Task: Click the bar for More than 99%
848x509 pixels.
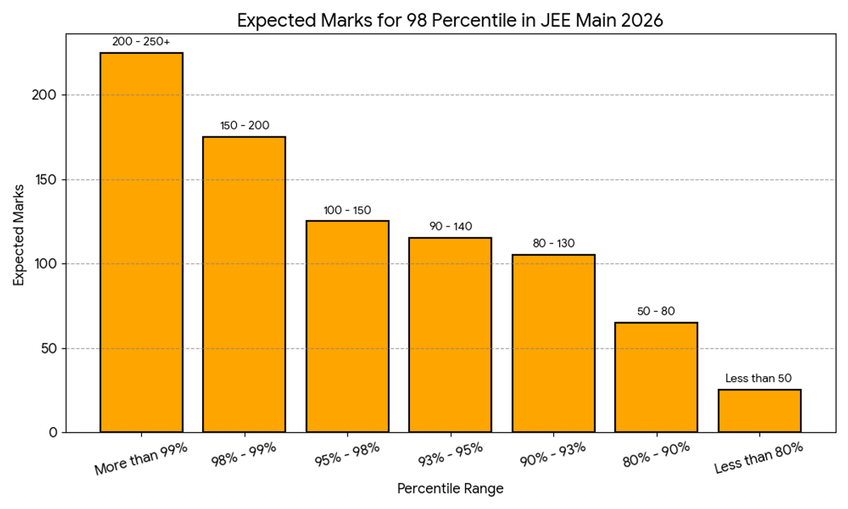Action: tap(141, 242)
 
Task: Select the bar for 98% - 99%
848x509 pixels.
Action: tap(244, 284)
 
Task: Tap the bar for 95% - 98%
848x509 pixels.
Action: tap(347, 327)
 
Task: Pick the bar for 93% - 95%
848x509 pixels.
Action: tap(450, 335)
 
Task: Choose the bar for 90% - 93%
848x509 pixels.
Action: tap(553, 344)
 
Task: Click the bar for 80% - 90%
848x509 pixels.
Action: tap(656, 378)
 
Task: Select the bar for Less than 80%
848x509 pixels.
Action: tap(759, 411)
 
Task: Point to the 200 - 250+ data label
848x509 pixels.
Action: tap(141, 42)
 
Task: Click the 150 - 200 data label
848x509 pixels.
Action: tap(244, 126)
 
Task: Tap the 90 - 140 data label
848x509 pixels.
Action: tap(450, 226)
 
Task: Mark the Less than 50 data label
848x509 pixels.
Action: tap(759, 378)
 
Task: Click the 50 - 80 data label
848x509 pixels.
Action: tap(656, 311)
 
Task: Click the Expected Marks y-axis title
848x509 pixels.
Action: tap(19, 235)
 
